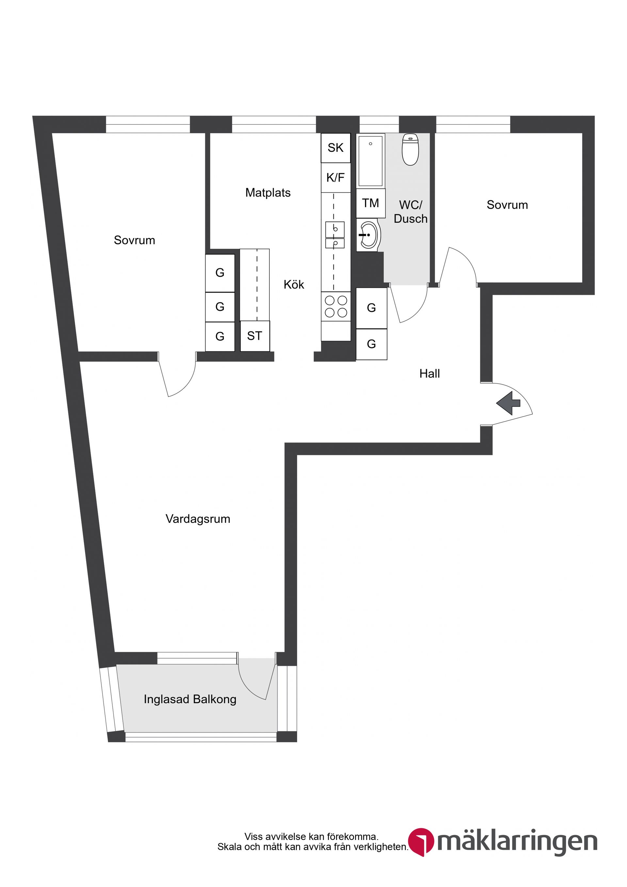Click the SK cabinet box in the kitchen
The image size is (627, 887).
pos(335,148)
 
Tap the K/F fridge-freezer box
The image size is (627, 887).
pos(335,178)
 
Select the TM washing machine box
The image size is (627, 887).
pos(370,203)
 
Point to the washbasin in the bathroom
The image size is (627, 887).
pos(368,234)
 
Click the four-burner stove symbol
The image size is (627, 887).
pos(336,306)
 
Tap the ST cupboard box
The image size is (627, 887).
pos(255,336)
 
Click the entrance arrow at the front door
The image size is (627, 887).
pos(508,403)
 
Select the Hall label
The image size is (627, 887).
pos(429,374)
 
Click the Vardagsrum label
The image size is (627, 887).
pos(198,519)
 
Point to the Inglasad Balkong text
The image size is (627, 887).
pos(190,699)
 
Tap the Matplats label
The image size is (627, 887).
pos(268,193)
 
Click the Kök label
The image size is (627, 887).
pos(294,285)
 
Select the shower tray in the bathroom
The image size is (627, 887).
pos(370,161)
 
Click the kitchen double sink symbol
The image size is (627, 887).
pos(334,234)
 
